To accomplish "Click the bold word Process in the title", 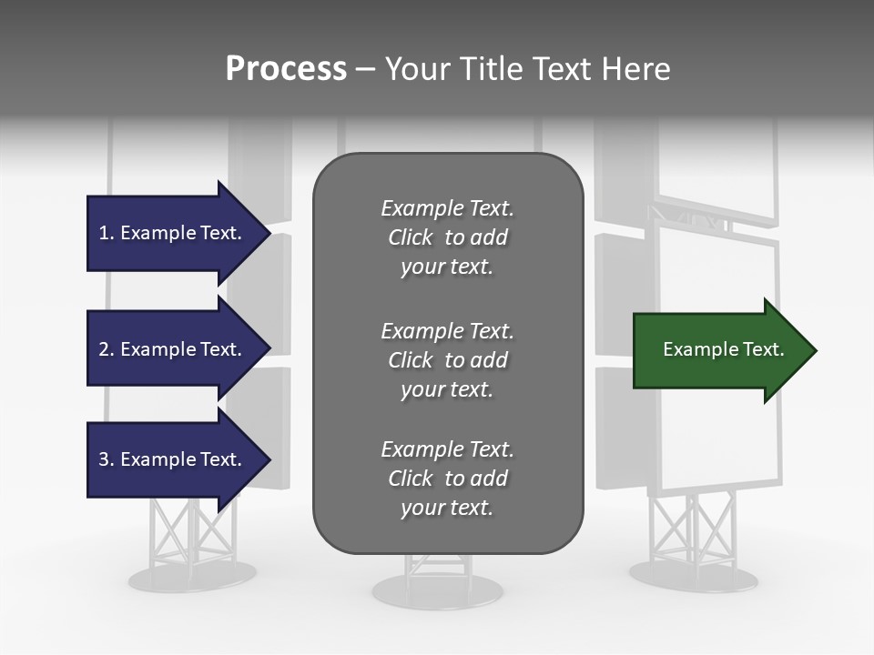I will click(286, 69).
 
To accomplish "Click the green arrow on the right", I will click(719, 350).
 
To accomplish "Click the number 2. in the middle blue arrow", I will click(107, 349).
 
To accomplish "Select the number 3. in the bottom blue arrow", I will click(107, 459).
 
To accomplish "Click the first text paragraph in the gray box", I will click(447, 237).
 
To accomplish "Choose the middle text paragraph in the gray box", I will click(447, 359).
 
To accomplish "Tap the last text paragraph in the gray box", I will click(447, 479).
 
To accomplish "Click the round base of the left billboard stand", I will click(192, 575).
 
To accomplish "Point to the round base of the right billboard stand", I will click(693, 575).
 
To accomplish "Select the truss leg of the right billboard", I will click(693, 528).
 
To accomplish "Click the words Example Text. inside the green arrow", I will click(724, 349).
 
